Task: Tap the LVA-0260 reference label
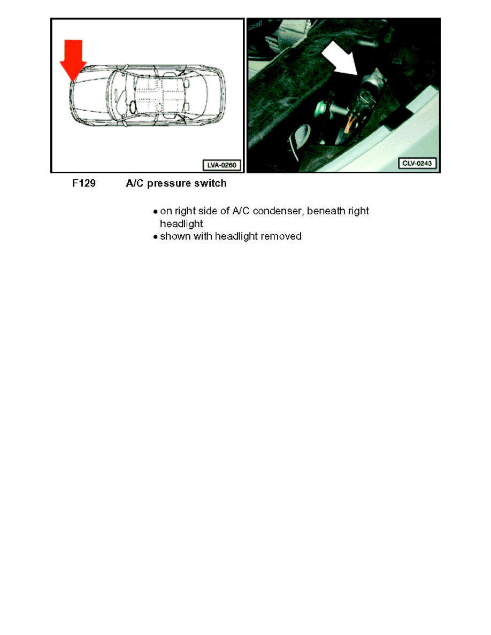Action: click(221, 165)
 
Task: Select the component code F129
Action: click(84, 184)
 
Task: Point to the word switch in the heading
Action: click(211, 184)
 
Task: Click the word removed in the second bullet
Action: click(282, 236)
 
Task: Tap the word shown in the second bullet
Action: click(174, 236)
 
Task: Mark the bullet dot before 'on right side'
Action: click(155, 212)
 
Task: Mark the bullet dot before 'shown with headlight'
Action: click(155, 236)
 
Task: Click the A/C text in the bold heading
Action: click(135, 184)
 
